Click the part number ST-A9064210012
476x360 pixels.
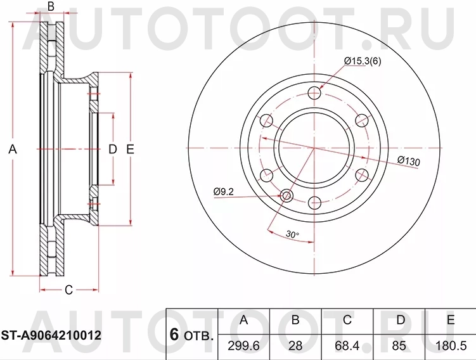52,334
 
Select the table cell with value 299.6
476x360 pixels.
243,345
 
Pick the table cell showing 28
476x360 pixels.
295,345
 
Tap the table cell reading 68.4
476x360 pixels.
347,345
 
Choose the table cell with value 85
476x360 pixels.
400,345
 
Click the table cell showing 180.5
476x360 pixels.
451,345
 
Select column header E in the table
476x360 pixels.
451,320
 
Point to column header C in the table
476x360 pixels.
347,320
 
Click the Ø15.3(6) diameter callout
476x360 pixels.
363,61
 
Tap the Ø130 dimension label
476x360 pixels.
409,162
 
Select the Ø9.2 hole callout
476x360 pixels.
224,190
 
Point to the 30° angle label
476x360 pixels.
292,235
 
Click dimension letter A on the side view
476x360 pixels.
13,150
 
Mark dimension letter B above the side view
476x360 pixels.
51,7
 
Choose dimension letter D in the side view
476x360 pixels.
112,150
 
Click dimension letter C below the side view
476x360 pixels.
68,290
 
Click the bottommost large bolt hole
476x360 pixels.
314,203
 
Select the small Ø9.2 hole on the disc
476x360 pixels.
286,195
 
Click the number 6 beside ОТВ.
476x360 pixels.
174,334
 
